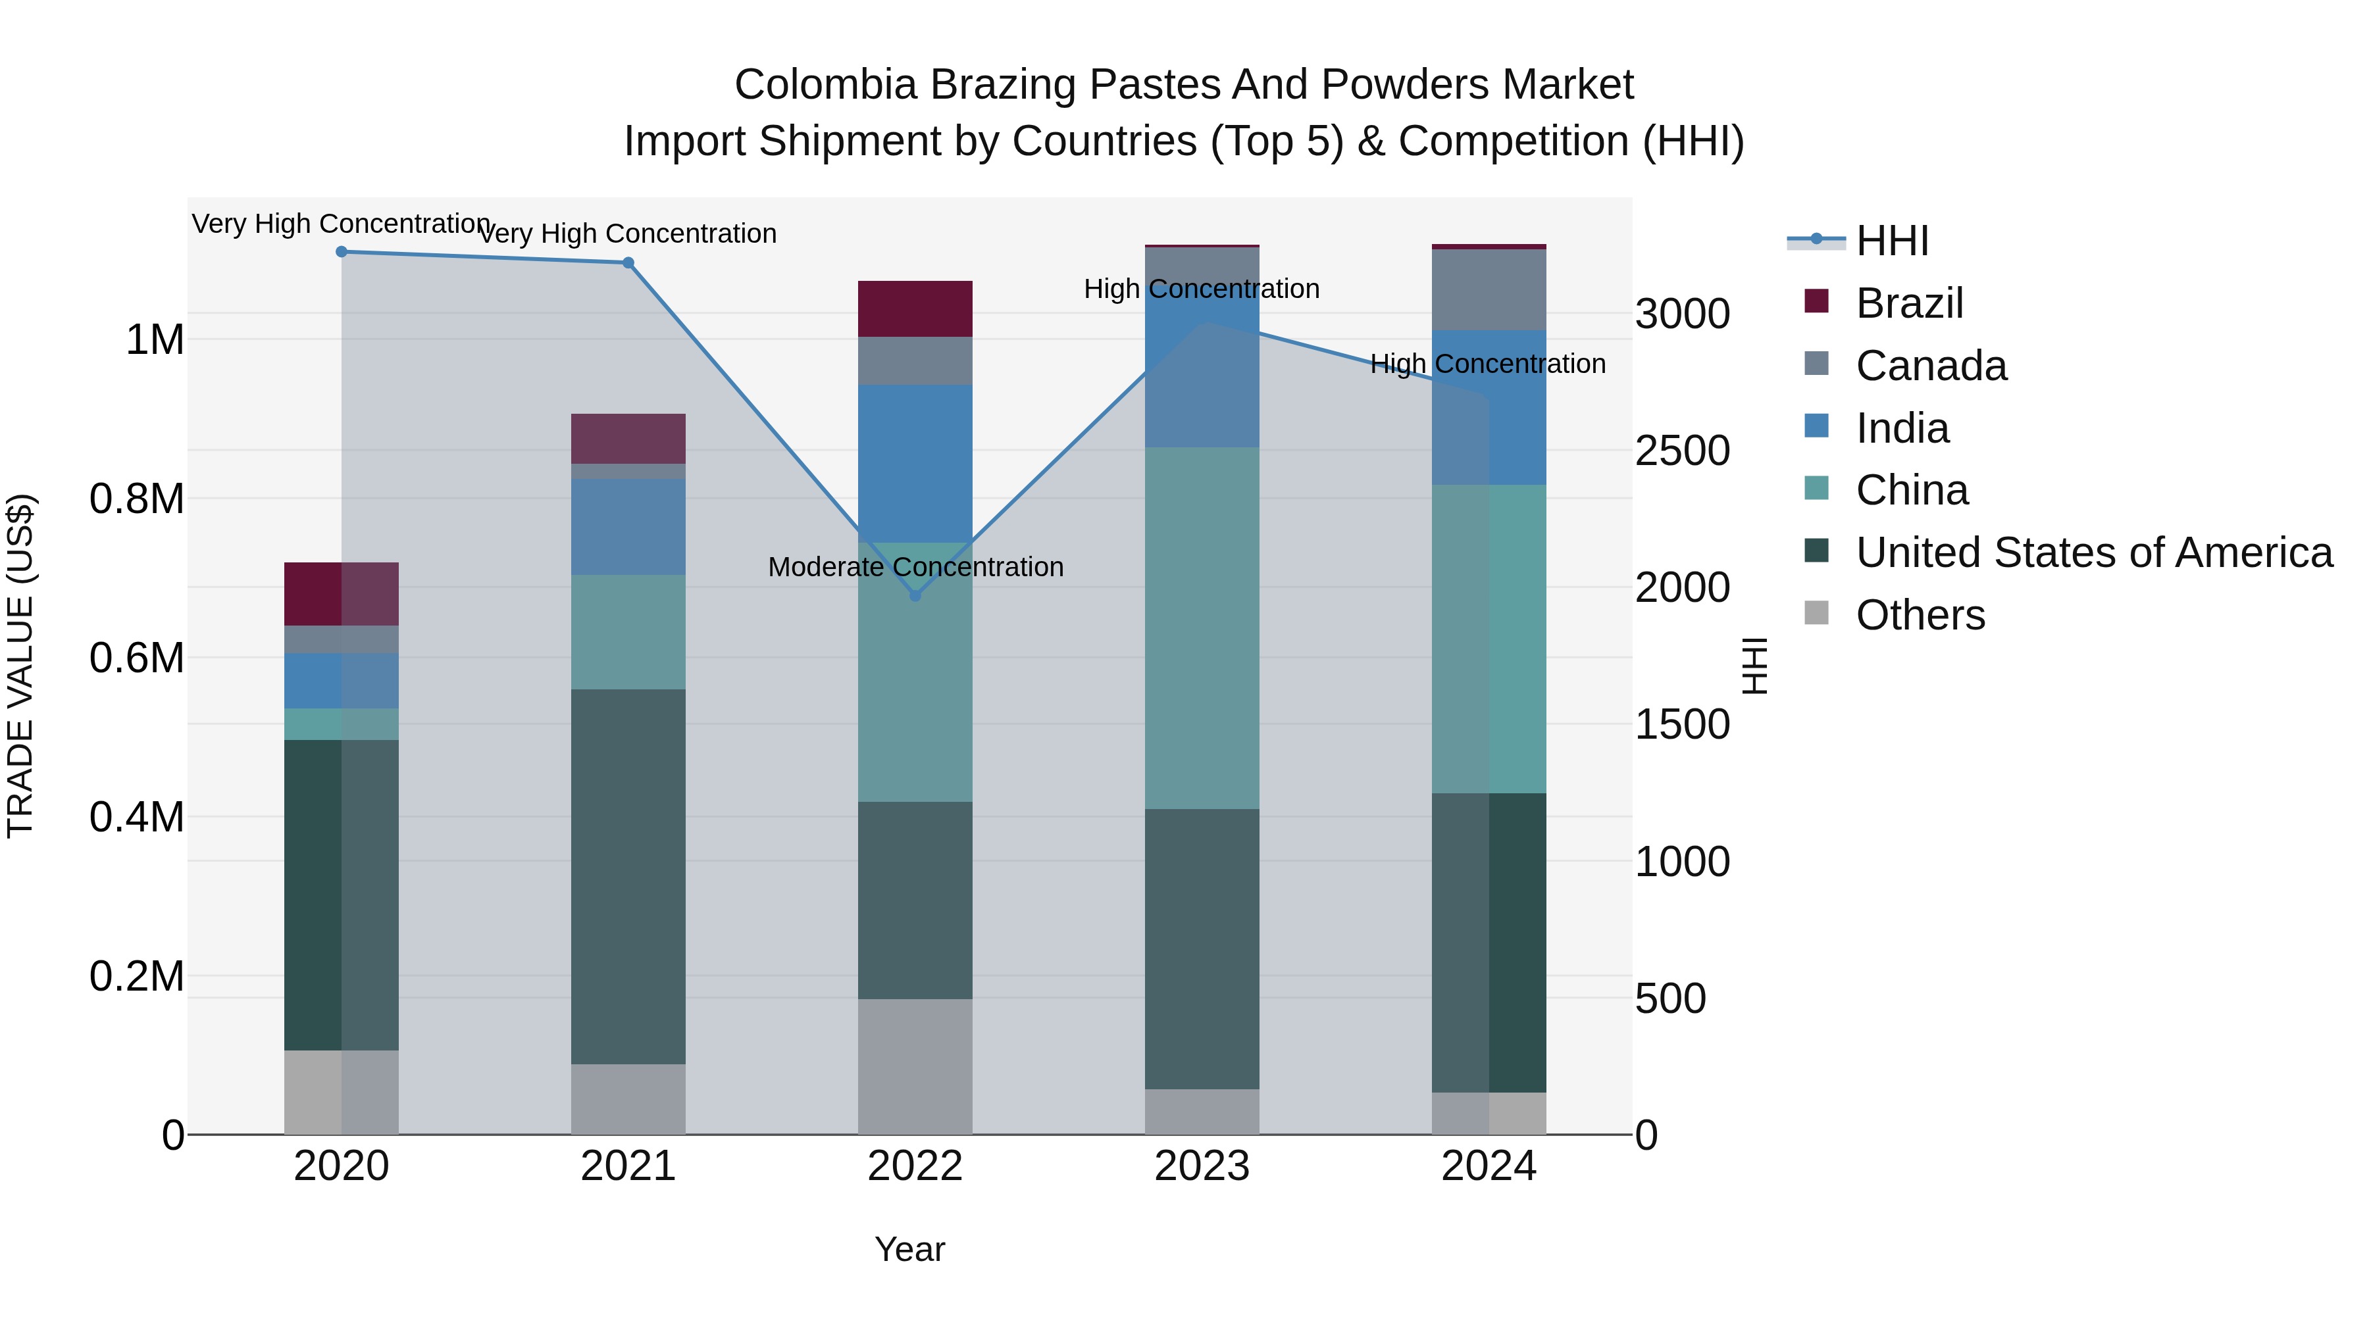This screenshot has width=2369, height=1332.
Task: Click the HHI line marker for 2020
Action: coord(341,251)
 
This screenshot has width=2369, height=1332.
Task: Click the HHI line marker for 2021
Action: coord(628,263)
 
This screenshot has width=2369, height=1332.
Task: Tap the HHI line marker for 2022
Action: coord(915,596)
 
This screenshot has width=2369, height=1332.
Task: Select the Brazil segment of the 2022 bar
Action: coord(915,309)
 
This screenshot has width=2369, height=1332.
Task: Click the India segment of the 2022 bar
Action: coord(915,463)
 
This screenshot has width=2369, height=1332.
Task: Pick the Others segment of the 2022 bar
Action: coord(915,1066)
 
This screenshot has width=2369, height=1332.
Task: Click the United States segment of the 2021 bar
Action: coord(628,876)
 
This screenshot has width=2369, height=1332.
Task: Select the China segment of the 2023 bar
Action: coord(1202,628)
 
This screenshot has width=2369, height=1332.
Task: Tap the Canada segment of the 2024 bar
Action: coord(1489,289)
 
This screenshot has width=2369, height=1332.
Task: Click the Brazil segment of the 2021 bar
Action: coord(628,439)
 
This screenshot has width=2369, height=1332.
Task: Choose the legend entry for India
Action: coord(1901,428)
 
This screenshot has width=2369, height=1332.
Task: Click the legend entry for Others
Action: coord(1920,615)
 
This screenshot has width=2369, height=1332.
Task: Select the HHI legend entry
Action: coord(1892,241)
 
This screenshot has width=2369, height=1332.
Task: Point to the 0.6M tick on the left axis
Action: coord(136,658)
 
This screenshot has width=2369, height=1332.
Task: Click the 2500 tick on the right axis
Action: coord(1682,451)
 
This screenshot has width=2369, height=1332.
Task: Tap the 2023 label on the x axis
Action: coord(1202,1166)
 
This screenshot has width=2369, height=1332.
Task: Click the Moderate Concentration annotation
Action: coord(915,567)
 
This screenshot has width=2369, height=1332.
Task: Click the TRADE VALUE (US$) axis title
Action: coord(20,666)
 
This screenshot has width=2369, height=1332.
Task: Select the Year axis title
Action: coord(909,1249)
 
